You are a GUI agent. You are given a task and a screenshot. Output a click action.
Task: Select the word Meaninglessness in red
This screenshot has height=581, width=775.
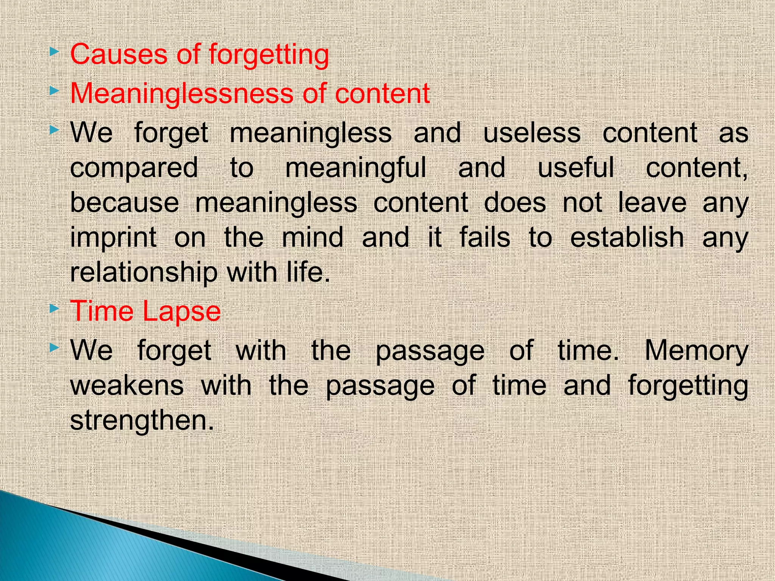pos(181,93)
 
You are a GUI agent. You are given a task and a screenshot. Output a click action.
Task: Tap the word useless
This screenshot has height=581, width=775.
pos(532,133)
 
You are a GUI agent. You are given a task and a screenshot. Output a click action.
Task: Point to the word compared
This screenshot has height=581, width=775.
pos(134,168)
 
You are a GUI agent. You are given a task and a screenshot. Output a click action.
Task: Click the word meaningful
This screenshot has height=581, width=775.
pos(356,168)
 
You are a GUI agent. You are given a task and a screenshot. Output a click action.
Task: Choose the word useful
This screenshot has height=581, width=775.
pos(576,167)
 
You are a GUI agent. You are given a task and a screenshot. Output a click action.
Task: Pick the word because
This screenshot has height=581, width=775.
pos(124,203)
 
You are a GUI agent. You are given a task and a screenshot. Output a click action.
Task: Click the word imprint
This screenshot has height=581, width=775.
pos(114,238)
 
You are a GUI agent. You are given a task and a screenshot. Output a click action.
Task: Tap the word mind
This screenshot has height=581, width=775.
pos(313,238)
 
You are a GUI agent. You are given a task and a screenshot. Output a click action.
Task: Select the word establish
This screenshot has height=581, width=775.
pos(627,238)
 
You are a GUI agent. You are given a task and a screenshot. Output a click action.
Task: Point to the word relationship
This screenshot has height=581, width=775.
pos(144,273)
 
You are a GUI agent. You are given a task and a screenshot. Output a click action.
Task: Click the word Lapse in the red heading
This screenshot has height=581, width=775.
pos(182,312)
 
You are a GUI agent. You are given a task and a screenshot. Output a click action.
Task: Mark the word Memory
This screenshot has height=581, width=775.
pos(696,351)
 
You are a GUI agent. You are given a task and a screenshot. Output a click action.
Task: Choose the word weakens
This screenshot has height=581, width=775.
pos(127,385)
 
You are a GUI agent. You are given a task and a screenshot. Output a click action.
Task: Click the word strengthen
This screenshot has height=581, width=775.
pos(142,420)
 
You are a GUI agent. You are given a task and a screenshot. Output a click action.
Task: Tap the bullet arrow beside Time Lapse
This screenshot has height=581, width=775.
pos(54,309)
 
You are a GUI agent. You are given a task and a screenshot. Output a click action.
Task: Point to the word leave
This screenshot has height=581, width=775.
pos(652,203)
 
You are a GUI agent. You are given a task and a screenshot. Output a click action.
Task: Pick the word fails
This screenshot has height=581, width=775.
pos(485,238)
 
